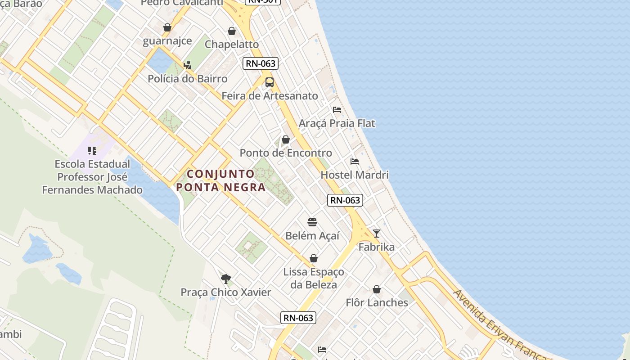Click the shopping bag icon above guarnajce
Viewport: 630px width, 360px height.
click(x=167, y=27)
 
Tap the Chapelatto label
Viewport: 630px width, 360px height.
click(x=232, y=44)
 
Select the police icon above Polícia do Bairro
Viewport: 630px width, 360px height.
click(x=187, y=65)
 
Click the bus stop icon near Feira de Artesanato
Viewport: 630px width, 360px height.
click(x=270, y=82)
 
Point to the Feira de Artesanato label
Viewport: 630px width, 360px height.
click(x=270, y=96)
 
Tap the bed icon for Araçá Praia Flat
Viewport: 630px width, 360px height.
click(x=337, y=110)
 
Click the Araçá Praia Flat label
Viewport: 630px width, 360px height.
click(x=337, y=123)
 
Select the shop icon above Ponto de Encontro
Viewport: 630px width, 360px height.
click(x=286, y=139)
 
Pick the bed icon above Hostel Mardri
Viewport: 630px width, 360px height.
click(x=355, y=162)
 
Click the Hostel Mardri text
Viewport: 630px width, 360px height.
click(x=355, y=175)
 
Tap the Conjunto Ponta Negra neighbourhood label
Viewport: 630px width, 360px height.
click(x=221, y=180)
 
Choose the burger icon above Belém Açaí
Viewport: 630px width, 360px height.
click(x=312, y=222)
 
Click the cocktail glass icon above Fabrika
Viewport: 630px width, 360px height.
click(x=377, y=234)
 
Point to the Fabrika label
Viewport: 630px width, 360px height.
click(x=377, y=247)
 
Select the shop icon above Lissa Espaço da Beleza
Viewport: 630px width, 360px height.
click(x=314, y=258)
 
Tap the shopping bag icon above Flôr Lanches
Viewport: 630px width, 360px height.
click(x=377, y=289)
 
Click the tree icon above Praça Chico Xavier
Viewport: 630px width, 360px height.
click(x=226, y=279)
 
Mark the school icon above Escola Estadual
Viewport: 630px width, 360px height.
click(x=92, y=151)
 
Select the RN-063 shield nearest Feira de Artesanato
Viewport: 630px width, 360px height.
click(x=261, y=63)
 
